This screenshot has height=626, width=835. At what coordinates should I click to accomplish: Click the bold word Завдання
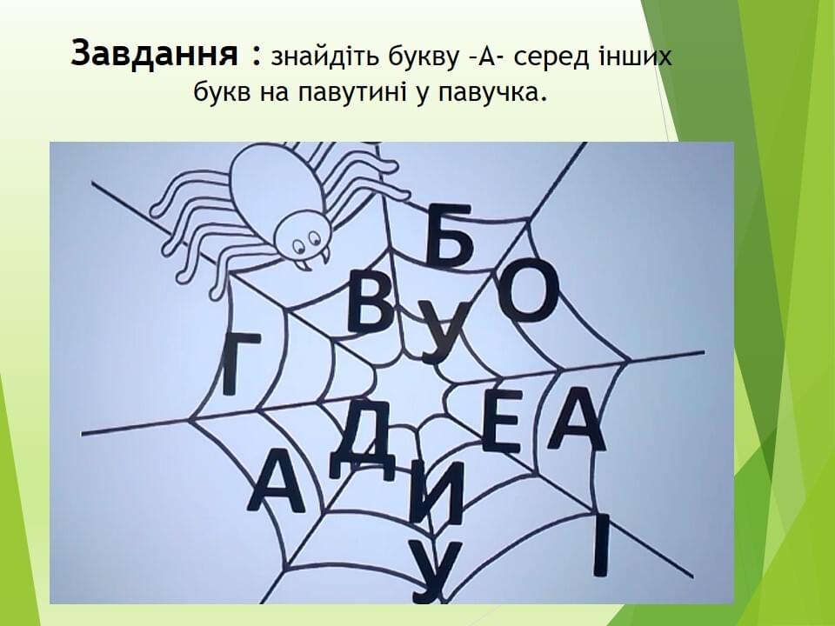pyautogui.click(x=155, y=54)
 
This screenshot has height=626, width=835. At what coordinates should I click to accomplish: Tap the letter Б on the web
pyautogui.click(x=451, y=235)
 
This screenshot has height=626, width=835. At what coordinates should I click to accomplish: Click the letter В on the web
pyautogui.click(x=373, y=303)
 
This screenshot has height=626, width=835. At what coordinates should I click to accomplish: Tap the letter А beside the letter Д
pyautogui.click(x=275, y=480)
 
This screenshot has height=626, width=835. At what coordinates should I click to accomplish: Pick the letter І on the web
pyautogui.click(x=601, y=546)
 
